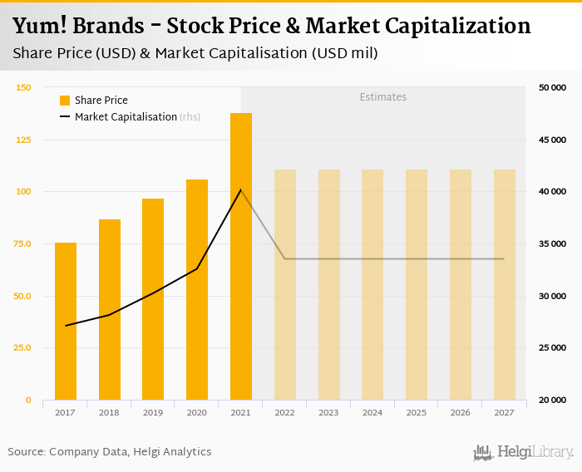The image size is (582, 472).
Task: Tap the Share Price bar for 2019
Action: click(x=153, y=299)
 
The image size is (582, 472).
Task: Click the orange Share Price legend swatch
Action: click(x=65, y=101)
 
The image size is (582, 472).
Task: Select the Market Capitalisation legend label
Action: click(x=126, y=117)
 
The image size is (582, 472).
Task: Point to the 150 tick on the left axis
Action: click(x=23, y=87)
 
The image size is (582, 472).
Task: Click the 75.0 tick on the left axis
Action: click(x=23, y=243)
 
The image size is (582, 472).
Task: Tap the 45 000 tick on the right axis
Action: click(x=553, y=140)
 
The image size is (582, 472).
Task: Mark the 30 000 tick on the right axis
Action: click(x=553, y=296)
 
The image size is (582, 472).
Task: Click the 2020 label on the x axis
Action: click(x=197, y=412)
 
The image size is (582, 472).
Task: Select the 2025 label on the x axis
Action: click(x=417, y=412)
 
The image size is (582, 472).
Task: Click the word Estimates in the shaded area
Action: click(x=382, y=97)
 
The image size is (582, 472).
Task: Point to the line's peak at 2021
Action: click(x=241, y=190)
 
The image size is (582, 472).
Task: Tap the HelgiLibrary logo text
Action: click(x=535, y=453)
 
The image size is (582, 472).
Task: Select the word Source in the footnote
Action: click(x=27, y=452)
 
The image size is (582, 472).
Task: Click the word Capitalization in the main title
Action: click(x=448, y=27)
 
